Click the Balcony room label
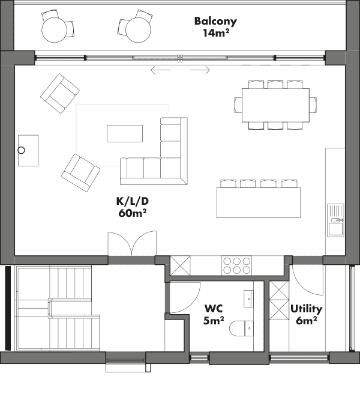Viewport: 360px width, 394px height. click(215, 27)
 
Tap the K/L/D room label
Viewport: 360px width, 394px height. click(133, 207)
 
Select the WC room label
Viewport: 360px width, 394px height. click(214, 315)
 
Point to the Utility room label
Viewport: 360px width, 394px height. click(306, 315)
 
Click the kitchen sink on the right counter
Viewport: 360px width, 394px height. click(335, 220)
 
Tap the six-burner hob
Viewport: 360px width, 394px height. click(236, 265)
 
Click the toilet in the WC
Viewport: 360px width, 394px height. click(241, 328)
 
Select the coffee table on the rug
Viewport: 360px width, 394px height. click(125, 133)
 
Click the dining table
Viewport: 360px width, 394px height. click(275, 105)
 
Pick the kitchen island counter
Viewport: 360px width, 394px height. click(259, 202)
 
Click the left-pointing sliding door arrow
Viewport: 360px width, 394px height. click(161, 70)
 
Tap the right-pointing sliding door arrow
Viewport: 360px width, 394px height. click(199, 70)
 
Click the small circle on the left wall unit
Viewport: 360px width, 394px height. click(22, 150)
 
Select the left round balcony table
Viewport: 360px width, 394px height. click(55, 30)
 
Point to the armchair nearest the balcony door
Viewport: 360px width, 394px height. click(60, 93)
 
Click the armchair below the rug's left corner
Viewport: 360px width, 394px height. click(80, 173)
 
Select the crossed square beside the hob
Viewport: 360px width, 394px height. click(180, 265)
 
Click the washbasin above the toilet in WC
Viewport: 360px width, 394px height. click(248, 299)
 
